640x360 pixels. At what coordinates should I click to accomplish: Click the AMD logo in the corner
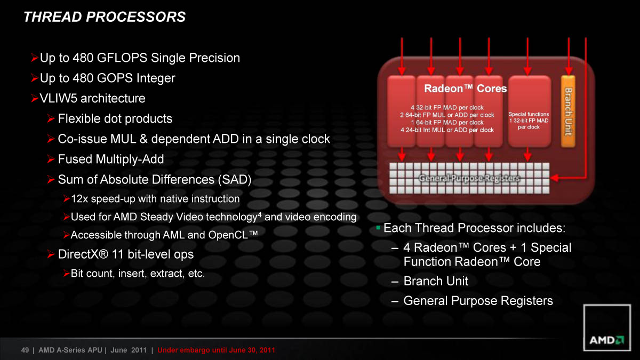(x=607, y=327)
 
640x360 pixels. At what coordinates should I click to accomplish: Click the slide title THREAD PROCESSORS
(x=105, y=17)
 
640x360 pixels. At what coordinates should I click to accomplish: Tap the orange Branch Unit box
(x=568, y=111)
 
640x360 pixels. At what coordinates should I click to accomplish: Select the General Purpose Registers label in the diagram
(x=469, y=178)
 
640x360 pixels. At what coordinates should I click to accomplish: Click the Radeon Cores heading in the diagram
(x=466, y=89)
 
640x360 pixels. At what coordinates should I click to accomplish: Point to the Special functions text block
(x=529, y=121)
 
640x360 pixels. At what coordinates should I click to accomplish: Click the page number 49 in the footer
(x=25, y=350)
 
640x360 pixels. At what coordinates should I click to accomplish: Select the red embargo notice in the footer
(x=216, y=350)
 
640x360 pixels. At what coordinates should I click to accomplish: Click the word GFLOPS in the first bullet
(x=122, y=58)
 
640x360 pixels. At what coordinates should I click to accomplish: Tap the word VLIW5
(x=59, y=98)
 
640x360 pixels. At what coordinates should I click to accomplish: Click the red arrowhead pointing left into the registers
(x=554, y=178)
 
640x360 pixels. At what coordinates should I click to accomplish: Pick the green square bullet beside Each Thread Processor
(x=378, y=228)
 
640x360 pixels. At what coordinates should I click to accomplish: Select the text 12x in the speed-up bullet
(x=79, y=199)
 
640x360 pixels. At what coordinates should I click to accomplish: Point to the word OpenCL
(x=228, y=235)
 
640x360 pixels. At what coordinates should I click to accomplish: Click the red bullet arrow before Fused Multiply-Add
(x=51, y=159)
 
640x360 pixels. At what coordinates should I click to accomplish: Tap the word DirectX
(x=79, y=254)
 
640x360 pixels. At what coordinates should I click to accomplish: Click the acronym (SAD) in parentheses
(x=235, y=180)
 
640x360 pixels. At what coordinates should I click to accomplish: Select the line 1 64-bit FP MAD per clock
(x=447, y=123)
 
